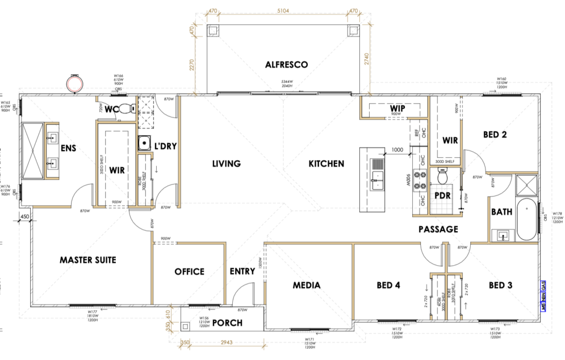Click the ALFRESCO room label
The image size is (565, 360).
(x=286, y=65)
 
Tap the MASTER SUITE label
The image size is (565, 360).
(x=88, y=259)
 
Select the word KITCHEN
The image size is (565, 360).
(x=326, y=163)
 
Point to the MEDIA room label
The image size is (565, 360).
(x=307, y=285)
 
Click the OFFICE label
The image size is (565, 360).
(x=189, y=271)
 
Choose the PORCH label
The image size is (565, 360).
(x=227, y=323)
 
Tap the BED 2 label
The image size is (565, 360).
(x=495, y=134)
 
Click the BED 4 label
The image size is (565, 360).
(x=388, y=285)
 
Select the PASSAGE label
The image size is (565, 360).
(x=439, y=229)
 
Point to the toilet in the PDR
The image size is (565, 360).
(x=441, y=178)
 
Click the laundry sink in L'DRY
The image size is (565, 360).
(x=145, y=143)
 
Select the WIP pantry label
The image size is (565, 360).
(x=397, y=109)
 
